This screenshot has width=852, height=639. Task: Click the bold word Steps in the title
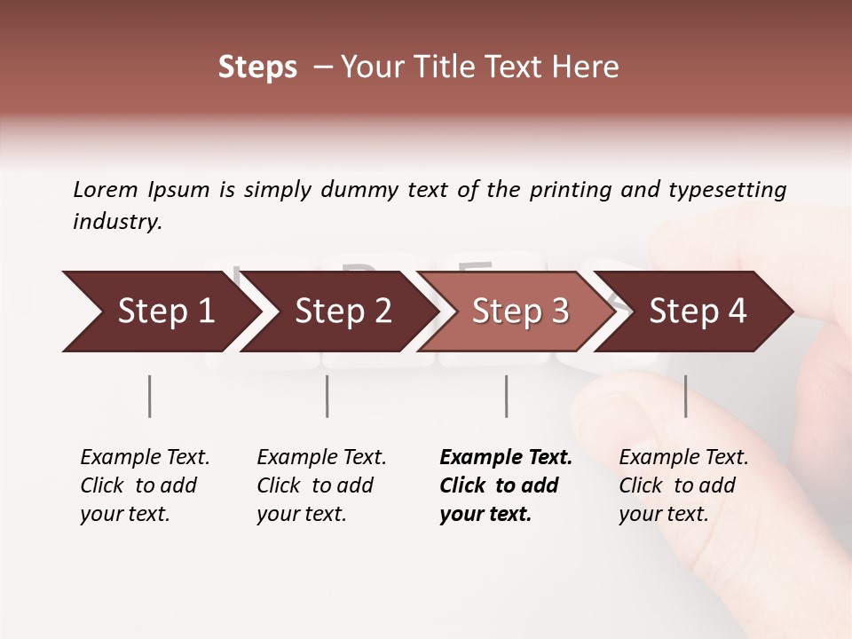coord(257,67)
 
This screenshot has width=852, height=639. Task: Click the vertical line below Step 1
coord(150,396)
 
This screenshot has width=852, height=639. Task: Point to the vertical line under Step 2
coord(327,396)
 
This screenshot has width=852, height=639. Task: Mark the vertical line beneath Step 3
coord(506,396)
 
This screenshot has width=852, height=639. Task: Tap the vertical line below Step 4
coord(685,396)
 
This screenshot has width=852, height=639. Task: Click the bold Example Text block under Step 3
coord(505,485)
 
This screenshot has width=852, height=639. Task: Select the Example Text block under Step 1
coord(145,485)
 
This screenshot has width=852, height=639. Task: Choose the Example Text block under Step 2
coord(321,485)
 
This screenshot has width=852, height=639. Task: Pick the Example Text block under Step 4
coord(683,485)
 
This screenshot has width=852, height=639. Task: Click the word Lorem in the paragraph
coord(106,190)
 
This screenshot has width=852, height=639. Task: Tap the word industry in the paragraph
coord(117,222)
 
